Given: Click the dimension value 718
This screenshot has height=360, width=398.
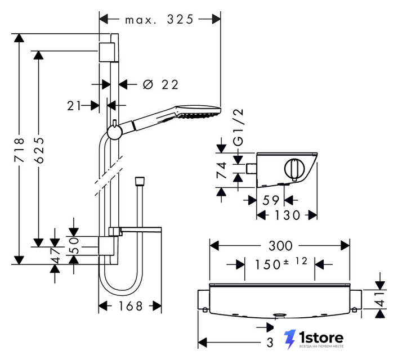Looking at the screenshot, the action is [19, 150].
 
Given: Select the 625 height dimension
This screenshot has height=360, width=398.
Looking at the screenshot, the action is [39, 150].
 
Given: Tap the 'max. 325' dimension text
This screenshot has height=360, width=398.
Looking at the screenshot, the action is [159, 20].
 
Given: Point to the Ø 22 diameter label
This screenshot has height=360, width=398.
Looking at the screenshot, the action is [160, 84].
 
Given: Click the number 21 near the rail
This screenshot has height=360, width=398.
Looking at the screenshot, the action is [74, 106].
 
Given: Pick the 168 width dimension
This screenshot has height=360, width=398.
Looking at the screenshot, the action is [131, 306].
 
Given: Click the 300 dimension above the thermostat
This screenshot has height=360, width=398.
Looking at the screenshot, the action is [280, 246].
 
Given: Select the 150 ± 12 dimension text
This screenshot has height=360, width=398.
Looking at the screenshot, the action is [281, 263].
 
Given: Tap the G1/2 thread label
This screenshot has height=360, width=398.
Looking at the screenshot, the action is [239, 127].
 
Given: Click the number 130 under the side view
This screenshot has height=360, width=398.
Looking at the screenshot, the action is [287, 215].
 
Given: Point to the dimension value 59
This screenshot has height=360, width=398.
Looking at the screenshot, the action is [271, 200].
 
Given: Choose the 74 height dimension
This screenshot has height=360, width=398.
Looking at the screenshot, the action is [221, 170].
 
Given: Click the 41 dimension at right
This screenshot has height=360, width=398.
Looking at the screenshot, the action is [381, 299].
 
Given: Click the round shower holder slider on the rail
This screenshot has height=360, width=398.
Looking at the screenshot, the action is [115, 132].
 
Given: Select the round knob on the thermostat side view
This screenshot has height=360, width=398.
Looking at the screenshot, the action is [294, 169].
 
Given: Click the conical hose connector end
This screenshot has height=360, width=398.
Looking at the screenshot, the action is [140, 181].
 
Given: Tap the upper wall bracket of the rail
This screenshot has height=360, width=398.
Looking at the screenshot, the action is [106, 52].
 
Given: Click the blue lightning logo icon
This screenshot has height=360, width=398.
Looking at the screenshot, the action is [290, 339].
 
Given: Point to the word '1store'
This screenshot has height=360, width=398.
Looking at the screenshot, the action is [321, 337].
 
